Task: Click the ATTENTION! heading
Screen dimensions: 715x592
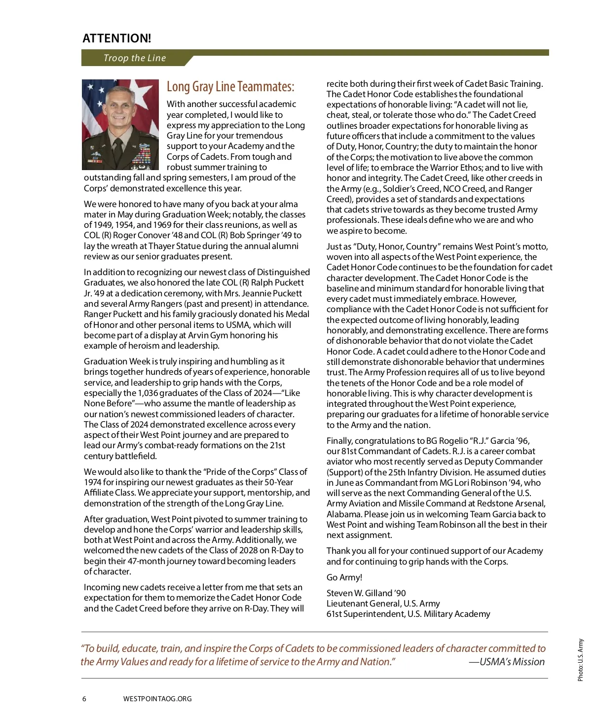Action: click(117, 38)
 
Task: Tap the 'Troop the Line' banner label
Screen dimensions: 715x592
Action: click(135, 58)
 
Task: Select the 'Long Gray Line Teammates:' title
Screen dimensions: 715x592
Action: click(230, 87)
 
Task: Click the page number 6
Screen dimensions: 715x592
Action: click(84, 699)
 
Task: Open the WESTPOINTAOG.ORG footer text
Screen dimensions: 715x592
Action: click(157, 699)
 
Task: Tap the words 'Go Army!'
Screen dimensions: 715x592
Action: click(344, 577)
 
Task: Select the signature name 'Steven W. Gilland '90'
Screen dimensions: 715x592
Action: click(366, 593)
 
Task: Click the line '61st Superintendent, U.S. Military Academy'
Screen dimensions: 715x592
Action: click(408, 614)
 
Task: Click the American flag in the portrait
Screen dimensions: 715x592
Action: click(92, 99)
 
